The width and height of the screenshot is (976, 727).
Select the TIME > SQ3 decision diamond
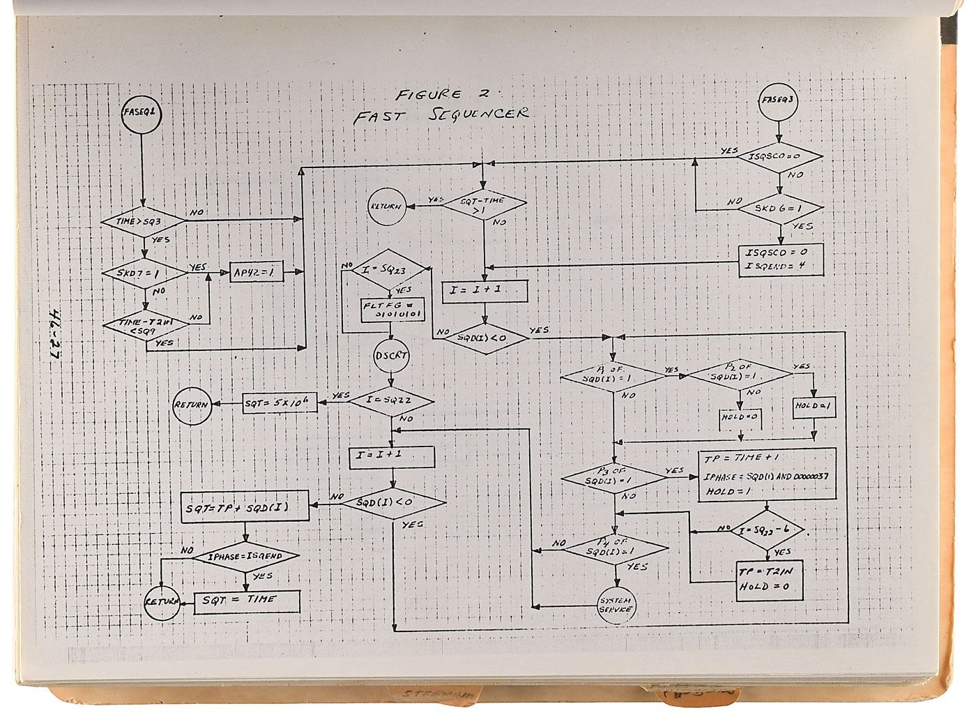[x=143, y=221]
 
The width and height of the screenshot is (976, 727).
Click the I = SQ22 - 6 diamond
[x=768, y=530]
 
